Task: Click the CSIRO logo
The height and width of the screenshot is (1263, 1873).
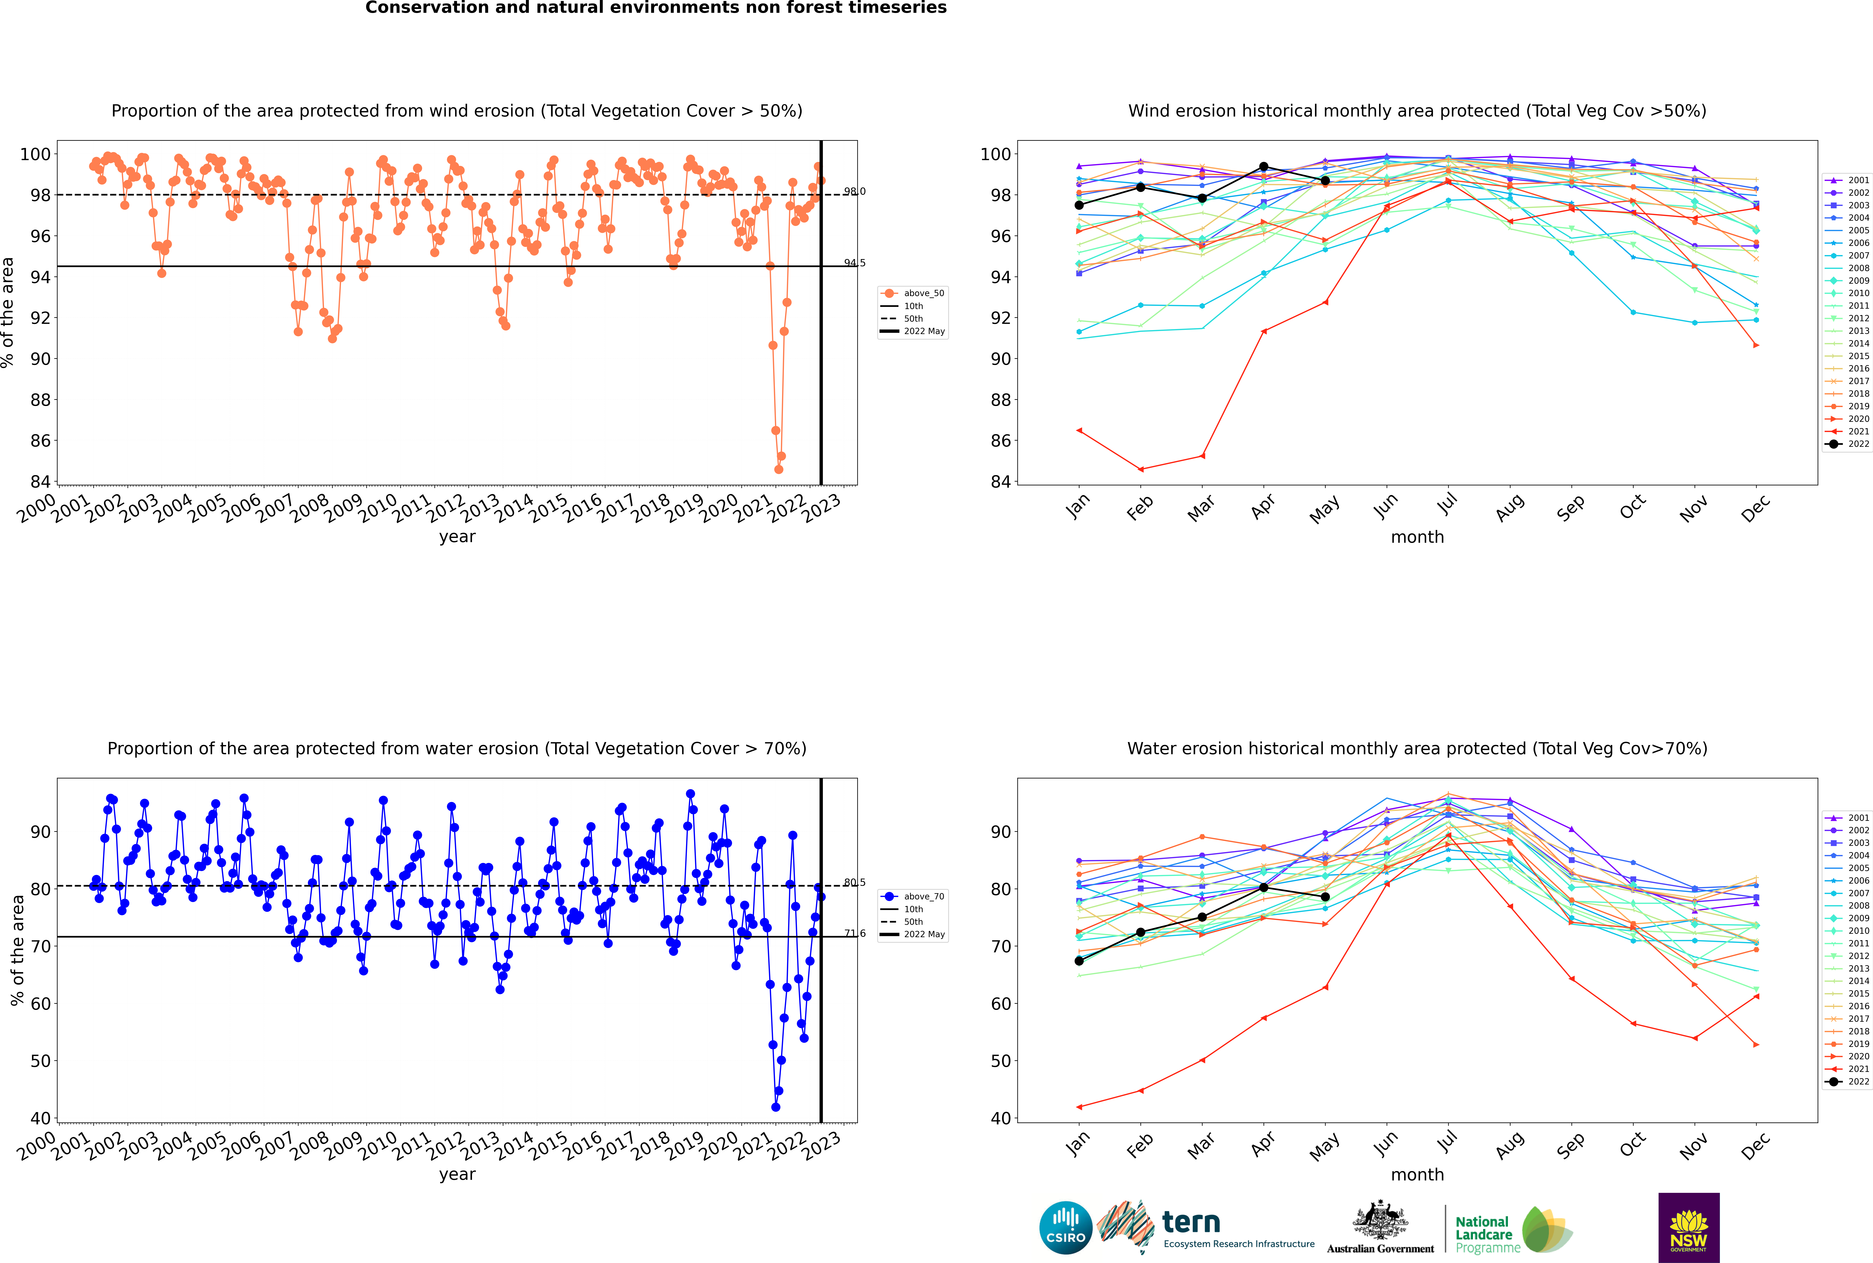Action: pyautogui.click(x=1065, y=1228)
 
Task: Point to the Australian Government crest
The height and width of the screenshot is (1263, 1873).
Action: pyautogui.click(x=1380, y=1220)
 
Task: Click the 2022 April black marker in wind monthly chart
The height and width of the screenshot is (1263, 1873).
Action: pyautogui.click(x=1264, y=167)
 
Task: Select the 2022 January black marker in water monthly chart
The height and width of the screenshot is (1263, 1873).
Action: pyautogui.click(x=1079, y=961)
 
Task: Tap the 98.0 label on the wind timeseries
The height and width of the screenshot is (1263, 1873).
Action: pyautogui.click(x=854, y=192)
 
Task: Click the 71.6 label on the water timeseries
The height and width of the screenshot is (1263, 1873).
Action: pyautogui.click(x=854, y=934)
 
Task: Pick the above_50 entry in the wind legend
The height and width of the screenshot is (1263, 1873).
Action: pyautogui.click(x=923, y=293)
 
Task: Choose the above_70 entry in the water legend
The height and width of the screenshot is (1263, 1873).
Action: pyautogui.click(x=923, y=897)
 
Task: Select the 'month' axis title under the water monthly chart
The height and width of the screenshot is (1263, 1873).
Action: pyautogui.click(x=1417, y=1174)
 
